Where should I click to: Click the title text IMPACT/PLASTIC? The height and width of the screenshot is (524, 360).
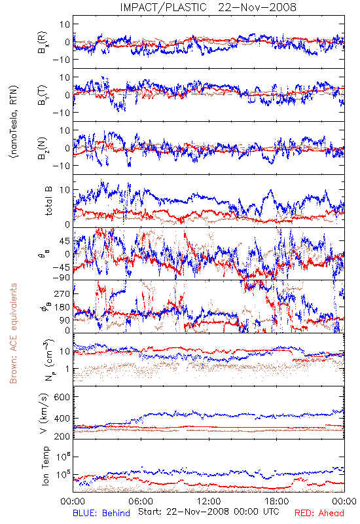163,7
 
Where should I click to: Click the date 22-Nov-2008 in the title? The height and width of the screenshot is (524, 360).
257,7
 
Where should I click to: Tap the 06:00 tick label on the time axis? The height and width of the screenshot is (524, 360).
141,501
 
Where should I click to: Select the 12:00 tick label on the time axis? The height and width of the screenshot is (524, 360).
209,501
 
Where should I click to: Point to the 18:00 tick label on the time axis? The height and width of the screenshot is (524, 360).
276,501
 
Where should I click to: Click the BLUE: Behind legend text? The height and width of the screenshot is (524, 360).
101,513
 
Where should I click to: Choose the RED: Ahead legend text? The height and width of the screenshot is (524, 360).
319,513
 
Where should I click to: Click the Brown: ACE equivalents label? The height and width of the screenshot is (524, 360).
13,333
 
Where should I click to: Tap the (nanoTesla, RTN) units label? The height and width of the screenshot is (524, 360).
14,122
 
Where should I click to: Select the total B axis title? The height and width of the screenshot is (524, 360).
48,201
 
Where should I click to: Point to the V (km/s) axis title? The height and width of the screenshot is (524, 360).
45,413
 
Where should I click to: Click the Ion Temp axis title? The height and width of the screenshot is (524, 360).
45,466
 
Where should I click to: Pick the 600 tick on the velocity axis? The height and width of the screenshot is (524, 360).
62,397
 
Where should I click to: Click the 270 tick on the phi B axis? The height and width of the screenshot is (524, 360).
62,293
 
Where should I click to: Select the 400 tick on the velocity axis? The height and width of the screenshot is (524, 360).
62,419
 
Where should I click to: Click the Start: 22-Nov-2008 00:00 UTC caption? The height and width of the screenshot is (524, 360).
209,512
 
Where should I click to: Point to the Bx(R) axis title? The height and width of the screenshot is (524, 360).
43,42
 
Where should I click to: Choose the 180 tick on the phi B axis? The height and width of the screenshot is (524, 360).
62,307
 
